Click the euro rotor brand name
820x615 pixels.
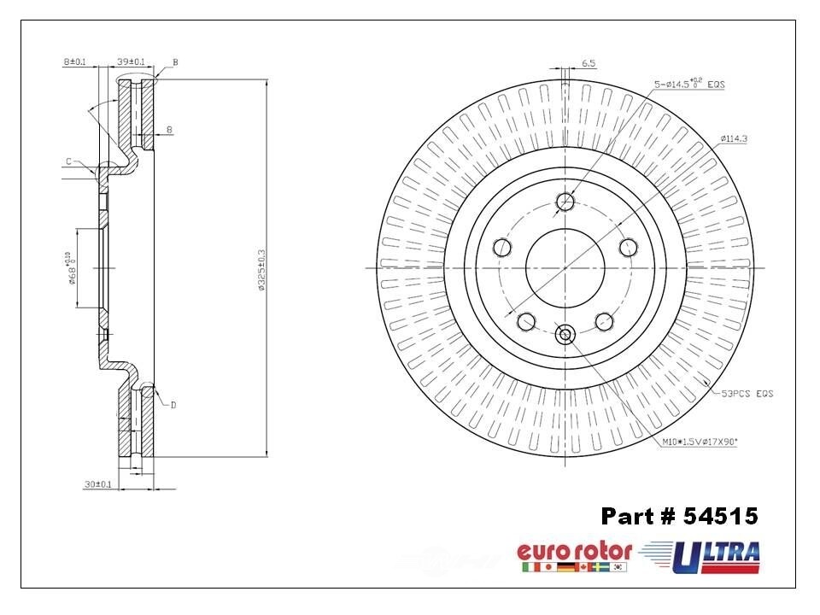(x=574, y=551)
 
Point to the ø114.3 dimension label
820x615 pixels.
(x=734, y=138)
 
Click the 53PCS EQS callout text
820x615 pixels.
(x=747, y=393)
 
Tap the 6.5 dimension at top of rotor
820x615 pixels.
(x=589, y=63)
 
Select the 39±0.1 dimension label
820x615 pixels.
(x=130, y=61)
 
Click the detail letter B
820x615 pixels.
(x=175, y=62)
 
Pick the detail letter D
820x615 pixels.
(x=173, y=405)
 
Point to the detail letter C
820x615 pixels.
(x=67, y=161)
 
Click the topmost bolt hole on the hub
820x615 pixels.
(x=565, y=202)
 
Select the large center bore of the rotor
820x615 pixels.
(x=565, y=267)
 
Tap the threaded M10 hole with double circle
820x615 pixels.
(x=565, y=334)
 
